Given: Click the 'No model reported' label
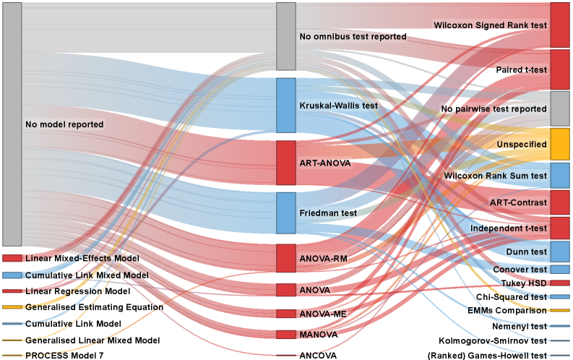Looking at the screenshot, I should (x=64, y=124).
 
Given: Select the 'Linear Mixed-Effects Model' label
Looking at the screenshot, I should (x=82, y=258).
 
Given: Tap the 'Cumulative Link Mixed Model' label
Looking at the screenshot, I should (x=87, y=275).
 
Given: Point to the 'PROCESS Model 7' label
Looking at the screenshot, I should (x=64, y=356).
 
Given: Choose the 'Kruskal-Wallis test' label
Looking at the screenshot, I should (x=338, y=106).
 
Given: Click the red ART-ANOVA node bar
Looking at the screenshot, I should (x=286, y=163).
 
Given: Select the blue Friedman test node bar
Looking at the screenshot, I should (x=286, y=213).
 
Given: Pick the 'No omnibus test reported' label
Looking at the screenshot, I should (x=353, y=36).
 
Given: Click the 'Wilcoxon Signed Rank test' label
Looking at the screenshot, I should (x=489, y=25).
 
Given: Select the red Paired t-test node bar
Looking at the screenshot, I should (x=560, y=69).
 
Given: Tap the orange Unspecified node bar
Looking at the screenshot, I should (x=560, y=144).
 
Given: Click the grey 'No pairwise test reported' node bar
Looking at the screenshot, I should (x=560, y=109).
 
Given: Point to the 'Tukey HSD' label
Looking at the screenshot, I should (x=525, y=283).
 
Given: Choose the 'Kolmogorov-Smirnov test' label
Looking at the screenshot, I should (x=492, y=340).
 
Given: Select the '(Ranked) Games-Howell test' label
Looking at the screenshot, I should (x=487, y=356).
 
